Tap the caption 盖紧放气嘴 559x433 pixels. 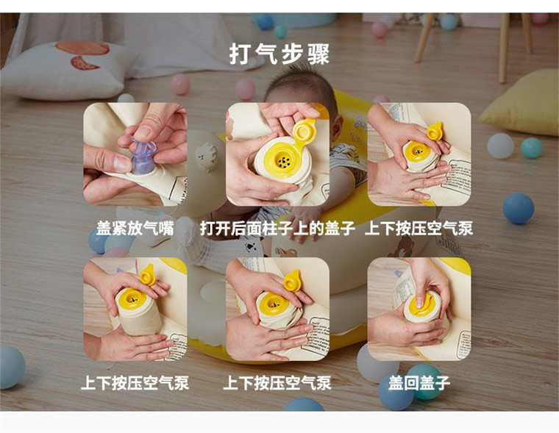point(135,229)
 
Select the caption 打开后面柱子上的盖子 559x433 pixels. point(279,229)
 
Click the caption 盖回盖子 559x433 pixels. point(419,383)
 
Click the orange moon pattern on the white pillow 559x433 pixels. point(82,55)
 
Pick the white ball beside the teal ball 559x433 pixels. point(501,145)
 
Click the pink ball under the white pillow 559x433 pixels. point(180,84)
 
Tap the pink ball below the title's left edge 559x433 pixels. point(245,89)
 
